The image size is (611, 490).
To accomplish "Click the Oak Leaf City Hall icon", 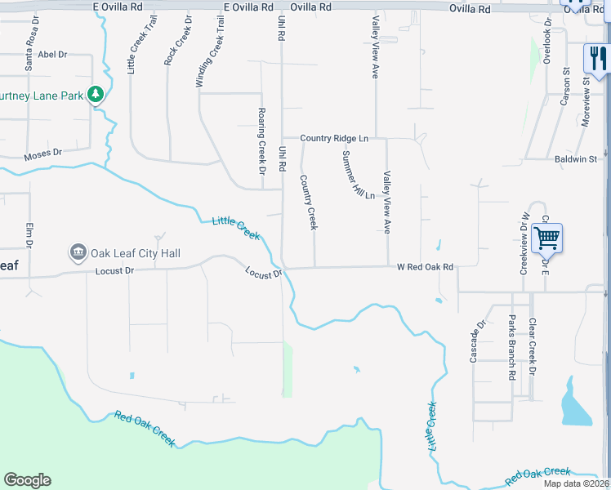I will pos(78,253).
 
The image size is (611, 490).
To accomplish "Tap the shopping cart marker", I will pos(546,238).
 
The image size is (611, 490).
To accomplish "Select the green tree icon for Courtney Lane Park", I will pos(96,95).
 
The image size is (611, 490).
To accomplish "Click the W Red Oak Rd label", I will pos(425,267).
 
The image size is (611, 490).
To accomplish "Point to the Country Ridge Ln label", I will pos(334,139).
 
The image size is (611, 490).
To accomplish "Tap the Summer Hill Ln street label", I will pos(358,176).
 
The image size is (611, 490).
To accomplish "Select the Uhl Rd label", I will pos(282,158).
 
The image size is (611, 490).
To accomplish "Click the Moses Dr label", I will pos(43,153).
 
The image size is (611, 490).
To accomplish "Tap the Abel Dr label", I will pos(52,54).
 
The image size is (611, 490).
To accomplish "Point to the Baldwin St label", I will pos(576,159).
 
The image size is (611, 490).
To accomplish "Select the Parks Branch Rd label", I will pos(512,346).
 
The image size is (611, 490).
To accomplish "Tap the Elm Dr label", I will pos(29,235).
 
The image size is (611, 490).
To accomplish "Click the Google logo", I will pos(27,480).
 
